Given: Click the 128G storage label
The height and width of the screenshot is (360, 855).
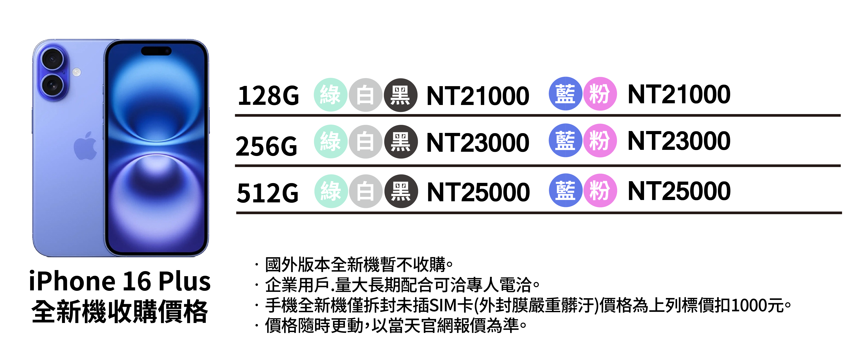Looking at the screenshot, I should coord(268,96).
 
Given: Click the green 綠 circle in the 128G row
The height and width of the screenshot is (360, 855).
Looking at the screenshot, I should coord(330,95).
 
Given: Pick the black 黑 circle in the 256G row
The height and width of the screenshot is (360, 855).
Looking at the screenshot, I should coord(401,142).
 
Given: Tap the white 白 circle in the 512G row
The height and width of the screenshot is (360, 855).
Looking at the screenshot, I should coord(365,191).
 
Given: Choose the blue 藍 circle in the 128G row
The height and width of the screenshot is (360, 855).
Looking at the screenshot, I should coord(565,94).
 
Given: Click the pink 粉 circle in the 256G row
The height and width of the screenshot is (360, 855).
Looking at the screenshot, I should coord(600,141).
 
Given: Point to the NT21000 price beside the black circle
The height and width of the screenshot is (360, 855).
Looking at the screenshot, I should coord(478,96).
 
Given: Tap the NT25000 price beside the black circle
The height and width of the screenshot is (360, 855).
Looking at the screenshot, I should coord(478,192).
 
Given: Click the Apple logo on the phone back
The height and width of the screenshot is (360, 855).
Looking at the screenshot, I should coord(86,146).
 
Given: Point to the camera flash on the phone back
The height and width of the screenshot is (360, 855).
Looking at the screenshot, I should coord(77,72).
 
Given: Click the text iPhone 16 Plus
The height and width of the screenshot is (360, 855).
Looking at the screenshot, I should coord(120,281).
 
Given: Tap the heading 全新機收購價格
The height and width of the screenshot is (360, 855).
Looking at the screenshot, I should coord(120,312).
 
